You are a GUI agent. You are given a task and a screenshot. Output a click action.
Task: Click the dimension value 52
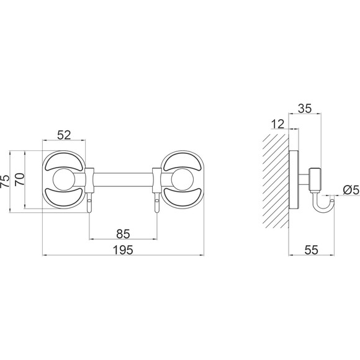(64, 135)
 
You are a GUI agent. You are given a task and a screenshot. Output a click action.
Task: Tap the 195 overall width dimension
(124, 250)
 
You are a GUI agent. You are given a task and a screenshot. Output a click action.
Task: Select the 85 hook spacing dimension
(123, 234)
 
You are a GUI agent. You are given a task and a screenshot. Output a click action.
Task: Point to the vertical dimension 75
(6, 181)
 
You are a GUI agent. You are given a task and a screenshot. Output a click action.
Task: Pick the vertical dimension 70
(20, 179)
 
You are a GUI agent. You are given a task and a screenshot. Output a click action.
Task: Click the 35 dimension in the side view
(305, 109)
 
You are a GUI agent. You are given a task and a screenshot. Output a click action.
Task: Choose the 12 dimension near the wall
(278, 124)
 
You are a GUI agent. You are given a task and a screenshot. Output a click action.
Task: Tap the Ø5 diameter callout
(351, 190)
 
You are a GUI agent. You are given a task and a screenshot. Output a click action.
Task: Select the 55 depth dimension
(312, 250)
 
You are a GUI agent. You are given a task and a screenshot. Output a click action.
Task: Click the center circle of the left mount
(64, 179)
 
